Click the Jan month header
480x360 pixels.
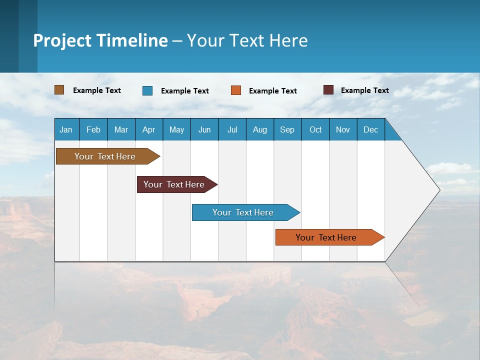(x=66, y=129)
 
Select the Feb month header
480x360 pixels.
(x=93, y=129)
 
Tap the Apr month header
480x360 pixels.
(x=148, y=129)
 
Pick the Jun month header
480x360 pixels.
(x=204, y=129)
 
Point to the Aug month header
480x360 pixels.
(x=259, y=129)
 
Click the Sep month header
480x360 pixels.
(x=287, y=129)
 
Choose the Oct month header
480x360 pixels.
(x=315, y=129)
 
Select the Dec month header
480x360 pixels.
(x=370, y=129)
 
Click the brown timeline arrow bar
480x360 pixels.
(x=105, y=156)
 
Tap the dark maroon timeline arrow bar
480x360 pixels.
(x=174, y=184)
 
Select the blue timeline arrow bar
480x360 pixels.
(x=243, y=212)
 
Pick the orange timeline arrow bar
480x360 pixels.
(x=326, y=237)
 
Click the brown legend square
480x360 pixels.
(x=59, y=90)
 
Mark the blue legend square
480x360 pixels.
(x=147, y=90)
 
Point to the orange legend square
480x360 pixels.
(x=236, y=90)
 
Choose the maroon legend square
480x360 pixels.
(x=328, y=90)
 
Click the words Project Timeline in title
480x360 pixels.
(x=100, y=40)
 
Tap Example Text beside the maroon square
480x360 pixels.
(x=364, y=90)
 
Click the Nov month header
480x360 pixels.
(x=343, y=129)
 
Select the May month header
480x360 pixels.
(x=176, y=129)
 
